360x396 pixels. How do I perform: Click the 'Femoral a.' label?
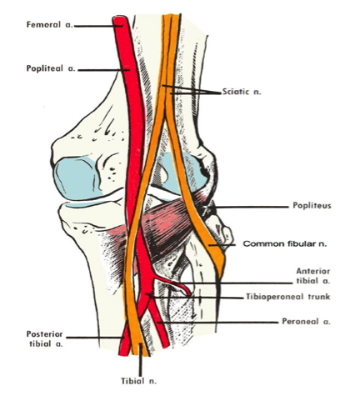[49, 25]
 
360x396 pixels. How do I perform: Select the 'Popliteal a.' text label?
[51, 68]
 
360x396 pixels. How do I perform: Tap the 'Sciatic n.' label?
[242, 92]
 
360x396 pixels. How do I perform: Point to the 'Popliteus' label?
[312, 206]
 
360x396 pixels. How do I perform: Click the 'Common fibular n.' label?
[285, 244]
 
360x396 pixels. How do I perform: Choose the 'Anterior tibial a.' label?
[313, 276]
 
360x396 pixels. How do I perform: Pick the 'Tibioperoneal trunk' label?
[288, 297]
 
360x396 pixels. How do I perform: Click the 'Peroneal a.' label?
[306, 322]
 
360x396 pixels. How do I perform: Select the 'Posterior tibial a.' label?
[45, 338]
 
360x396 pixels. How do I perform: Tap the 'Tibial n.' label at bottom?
[138, 381]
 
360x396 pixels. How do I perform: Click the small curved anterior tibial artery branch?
[174, 283]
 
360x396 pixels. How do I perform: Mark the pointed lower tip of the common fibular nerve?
[220, 278]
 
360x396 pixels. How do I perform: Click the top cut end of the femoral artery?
[120, 18]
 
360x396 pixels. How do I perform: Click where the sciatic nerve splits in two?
[166, 117]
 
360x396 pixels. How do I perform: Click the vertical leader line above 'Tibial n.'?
[141, 359]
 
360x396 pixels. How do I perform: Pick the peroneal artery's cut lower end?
[165, 346]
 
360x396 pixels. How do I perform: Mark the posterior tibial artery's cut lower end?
[124, 354]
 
